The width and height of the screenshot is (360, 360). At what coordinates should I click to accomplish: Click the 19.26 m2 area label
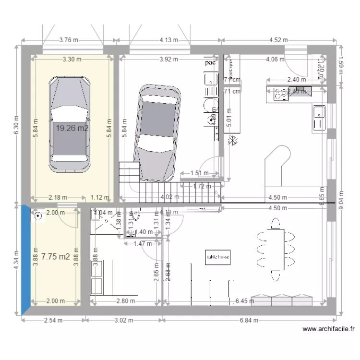click(72, 128)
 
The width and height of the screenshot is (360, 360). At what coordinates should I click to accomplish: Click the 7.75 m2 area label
click(55, 257)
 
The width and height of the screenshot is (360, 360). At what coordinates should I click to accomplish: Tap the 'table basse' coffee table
click(217, 257)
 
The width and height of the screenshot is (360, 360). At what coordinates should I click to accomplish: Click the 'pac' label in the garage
click(209, 62)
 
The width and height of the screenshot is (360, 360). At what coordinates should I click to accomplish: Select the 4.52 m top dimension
click(278, 40)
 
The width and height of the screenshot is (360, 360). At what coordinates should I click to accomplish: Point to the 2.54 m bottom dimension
click(54, 320)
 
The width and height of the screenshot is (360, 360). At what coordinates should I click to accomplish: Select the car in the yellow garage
click(70, 123)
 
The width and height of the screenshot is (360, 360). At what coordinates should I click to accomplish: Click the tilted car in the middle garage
click(157, 133)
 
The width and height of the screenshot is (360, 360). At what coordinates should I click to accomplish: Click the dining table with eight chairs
click(275, 250)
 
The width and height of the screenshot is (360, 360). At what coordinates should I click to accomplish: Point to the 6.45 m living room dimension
click(244, 301)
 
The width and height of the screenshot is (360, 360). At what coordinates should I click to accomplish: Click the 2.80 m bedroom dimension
click(126, 301)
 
